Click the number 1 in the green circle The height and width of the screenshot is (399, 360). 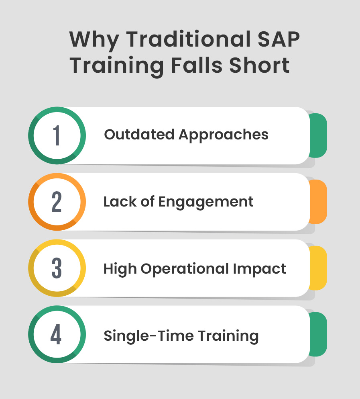[57, 135]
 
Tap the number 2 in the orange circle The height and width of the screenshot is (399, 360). [57, 202]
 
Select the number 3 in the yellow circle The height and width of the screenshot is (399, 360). [57, 268]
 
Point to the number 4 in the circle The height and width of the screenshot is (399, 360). [56, 334]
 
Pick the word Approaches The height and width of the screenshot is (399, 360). [224, 135]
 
